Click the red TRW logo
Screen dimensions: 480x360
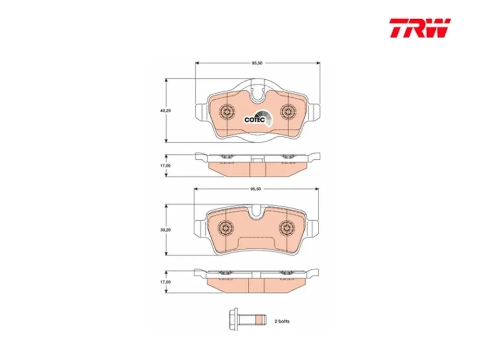[x=420, y=28]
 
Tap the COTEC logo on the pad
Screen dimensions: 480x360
[x=258, y=119]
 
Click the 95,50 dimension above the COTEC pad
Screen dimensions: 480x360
[x=257, y=63]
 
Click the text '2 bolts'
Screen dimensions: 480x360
[x=282, y=321]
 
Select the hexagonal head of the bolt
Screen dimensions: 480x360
[x=234, y=319]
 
